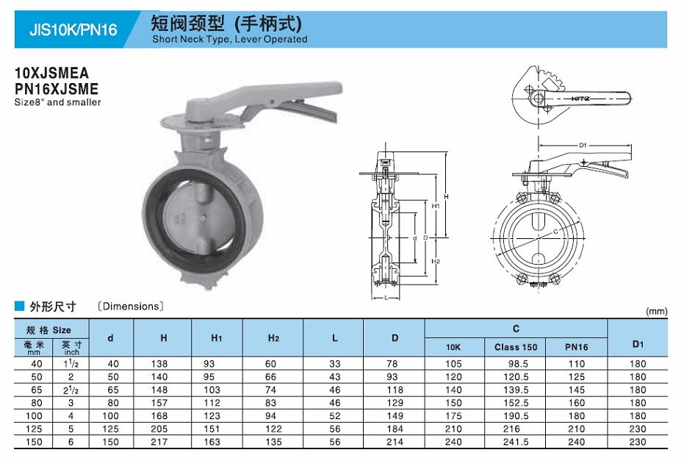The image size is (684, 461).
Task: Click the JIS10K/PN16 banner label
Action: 73,29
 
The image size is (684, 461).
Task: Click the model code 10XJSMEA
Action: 52,73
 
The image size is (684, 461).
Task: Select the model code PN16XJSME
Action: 57,89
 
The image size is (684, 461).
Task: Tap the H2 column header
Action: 273,338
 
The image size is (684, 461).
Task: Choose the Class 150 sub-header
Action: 516,347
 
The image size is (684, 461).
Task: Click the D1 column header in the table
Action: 638,344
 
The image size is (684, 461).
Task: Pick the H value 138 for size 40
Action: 159,364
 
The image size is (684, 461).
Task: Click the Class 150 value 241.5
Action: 516,442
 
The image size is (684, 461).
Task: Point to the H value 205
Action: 159,429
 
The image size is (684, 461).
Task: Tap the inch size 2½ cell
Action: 71,390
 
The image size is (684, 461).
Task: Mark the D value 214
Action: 395,442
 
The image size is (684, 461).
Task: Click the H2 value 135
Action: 273,442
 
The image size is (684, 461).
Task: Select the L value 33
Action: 335,364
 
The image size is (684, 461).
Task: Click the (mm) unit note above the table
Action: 657,311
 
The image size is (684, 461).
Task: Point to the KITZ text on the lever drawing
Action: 580,99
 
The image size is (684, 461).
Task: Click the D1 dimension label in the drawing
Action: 583,146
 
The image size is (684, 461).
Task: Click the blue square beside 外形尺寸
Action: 19,306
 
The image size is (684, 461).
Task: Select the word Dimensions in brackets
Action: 132,307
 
